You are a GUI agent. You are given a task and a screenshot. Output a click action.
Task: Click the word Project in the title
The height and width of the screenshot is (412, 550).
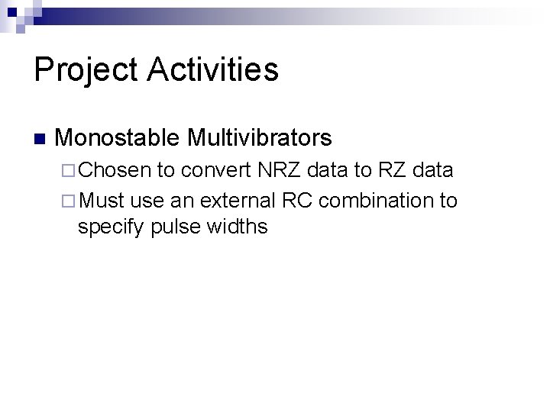(x=86, y=70)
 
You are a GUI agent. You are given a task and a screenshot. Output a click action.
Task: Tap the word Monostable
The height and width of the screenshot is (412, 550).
(x=118, y=138)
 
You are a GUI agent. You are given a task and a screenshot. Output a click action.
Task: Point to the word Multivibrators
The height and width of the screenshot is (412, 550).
(x=260, y=138)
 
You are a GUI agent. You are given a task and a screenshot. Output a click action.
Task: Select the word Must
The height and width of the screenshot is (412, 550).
(x=102, y=201)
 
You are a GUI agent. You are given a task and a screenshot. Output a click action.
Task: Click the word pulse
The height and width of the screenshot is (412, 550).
(x=174, y=227)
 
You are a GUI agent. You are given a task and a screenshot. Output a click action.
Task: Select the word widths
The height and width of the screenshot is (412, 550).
(x=236, y=227)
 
